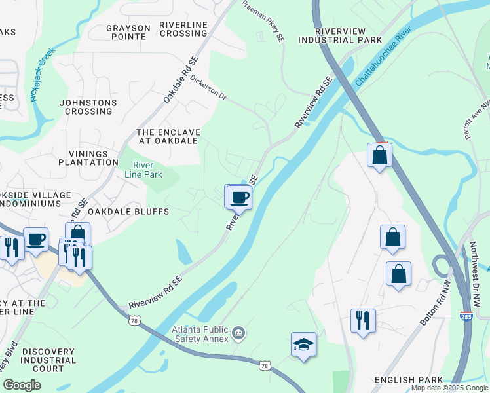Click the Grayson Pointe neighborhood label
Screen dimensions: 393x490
pos(128,32)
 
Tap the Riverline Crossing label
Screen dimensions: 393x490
pos(183,29)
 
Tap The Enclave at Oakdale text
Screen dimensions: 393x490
pos(168,136)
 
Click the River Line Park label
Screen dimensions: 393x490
pos(143,170)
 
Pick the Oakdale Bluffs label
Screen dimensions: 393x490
pos(129,212)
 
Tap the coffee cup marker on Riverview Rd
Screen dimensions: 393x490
pos(240,196)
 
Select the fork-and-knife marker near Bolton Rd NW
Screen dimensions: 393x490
pos(362,320)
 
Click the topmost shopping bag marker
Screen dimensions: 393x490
pos(379,155)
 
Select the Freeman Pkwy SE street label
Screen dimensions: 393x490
pos(264,20)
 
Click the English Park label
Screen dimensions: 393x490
pos(404,380)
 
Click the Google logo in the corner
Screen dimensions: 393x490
pos(22,384)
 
